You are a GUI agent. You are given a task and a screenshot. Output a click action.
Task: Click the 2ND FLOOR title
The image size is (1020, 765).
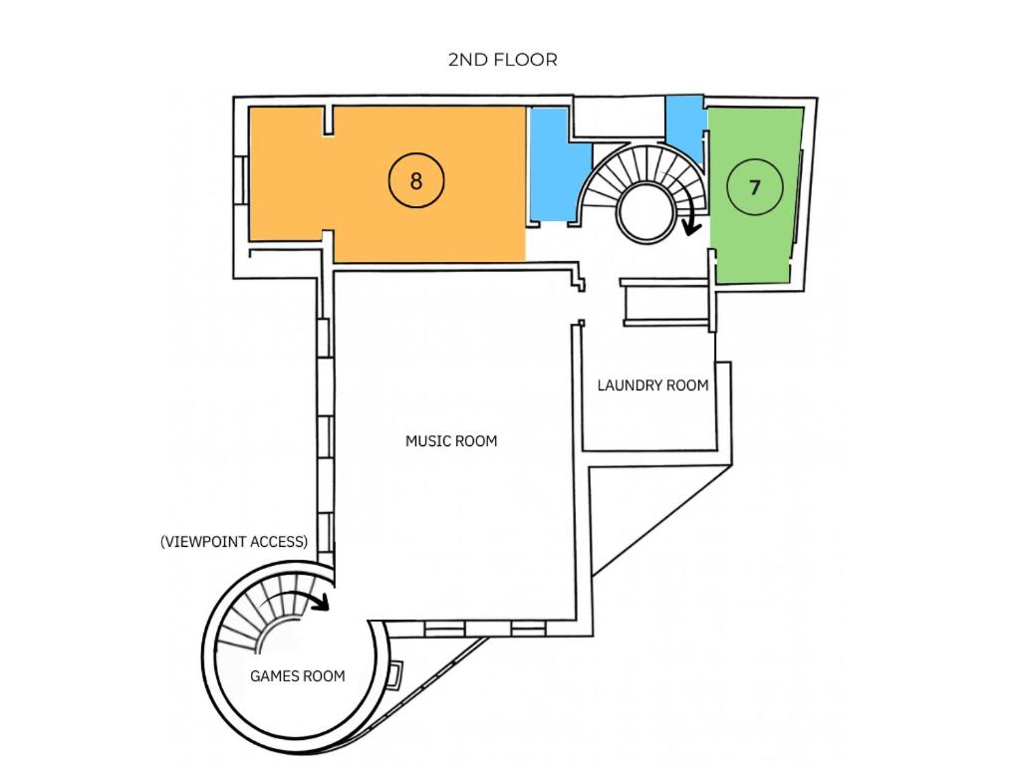pyautogui.click(x=502, y=60)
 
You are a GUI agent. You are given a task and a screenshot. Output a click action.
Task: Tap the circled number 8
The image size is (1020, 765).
pyautogui.click(x=416, y=180)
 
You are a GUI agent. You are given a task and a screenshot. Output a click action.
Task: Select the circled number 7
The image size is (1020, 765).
pyautogui.click(x=755, y=187)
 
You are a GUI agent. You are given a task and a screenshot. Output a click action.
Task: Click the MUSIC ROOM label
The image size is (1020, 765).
pyautogui.click(x=451, y=441)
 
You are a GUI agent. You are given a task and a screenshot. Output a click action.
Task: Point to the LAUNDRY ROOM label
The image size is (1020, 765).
pyautogui.click(x=652, y=385)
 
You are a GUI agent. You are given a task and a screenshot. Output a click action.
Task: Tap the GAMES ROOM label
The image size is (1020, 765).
pyautogui.click(x=297, y=676)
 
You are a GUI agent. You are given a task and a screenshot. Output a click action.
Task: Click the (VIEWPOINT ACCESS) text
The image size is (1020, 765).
pyautogui.click(x=234, y=541)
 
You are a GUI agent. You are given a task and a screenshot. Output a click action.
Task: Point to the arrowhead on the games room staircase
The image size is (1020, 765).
pyautogui.click(x=322, y=603)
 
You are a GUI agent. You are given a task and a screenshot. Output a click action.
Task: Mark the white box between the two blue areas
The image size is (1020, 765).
pyautogui.click(x=619, y=118)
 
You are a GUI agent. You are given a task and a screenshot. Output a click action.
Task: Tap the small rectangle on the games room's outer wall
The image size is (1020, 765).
pyautogui.click(x=394, y=674)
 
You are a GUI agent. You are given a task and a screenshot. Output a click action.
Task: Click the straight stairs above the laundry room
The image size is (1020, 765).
pyautogui.click(x=664, y=302)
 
